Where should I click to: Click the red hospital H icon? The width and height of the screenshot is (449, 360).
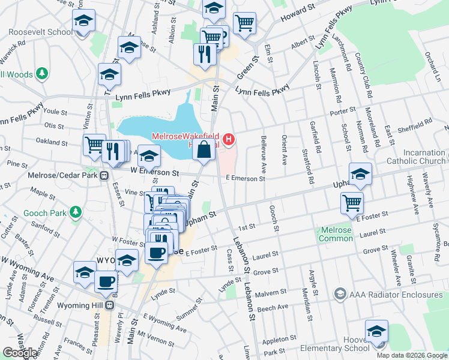[228, 140]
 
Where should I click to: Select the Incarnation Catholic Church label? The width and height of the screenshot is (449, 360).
[416, 157]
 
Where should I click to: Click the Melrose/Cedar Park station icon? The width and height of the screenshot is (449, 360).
[104, 176]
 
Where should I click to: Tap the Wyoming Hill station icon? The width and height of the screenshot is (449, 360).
[110, 305]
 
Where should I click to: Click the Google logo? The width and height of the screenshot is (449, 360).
[20, 353]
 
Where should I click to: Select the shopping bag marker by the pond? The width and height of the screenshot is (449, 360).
[204, 149]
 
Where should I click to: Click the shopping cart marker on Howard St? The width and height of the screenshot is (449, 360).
[244, 23]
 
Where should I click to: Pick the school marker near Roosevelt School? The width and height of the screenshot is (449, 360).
[83, 22]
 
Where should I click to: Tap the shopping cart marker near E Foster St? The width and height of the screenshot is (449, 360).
[352, 202]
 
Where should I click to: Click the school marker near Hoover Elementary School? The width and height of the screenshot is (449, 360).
[376, 331]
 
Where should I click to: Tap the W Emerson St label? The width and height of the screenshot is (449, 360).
[155, 172]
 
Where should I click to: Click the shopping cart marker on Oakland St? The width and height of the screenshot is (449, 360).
[94, 145]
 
